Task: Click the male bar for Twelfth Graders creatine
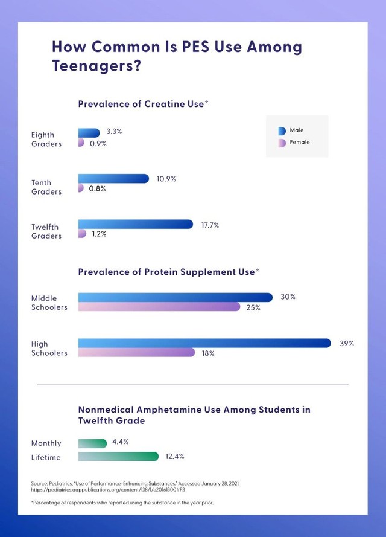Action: (x=135, y=224)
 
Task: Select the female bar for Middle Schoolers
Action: (x=159, y=307)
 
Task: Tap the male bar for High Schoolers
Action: (x=204, y=343)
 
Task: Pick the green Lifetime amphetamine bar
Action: (x=118, y=457)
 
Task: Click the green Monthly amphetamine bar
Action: (x=92, y=443)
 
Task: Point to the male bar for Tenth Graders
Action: (x=113, y=178)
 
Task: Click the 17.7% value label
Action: (x=210, y=225)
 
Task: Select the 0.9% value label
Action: (x=98, y=144)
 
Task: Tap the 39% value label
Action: (x=347, y=344)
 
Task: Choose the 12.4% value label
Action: (x=175, y=457)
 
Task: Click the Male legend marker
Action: (x=282, y=131)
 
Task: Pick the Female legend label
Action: (x=300, y=142)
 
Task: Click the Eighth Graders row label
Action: (x=46, y=140)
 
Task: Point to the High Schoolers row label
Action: (x=49, y=349)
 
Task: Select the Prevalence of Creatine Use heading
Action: (x=143, y=104)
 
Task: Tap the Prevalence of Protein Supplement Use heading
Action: (x=168, y=272)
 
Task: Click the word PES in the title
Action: (x=195, y=47)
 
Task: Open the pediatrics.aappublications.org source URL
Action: (x=108, y=490)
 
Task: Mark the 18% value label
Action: (x=208, y=353)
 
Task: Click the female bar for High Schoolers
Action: (x=136, y=352)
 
